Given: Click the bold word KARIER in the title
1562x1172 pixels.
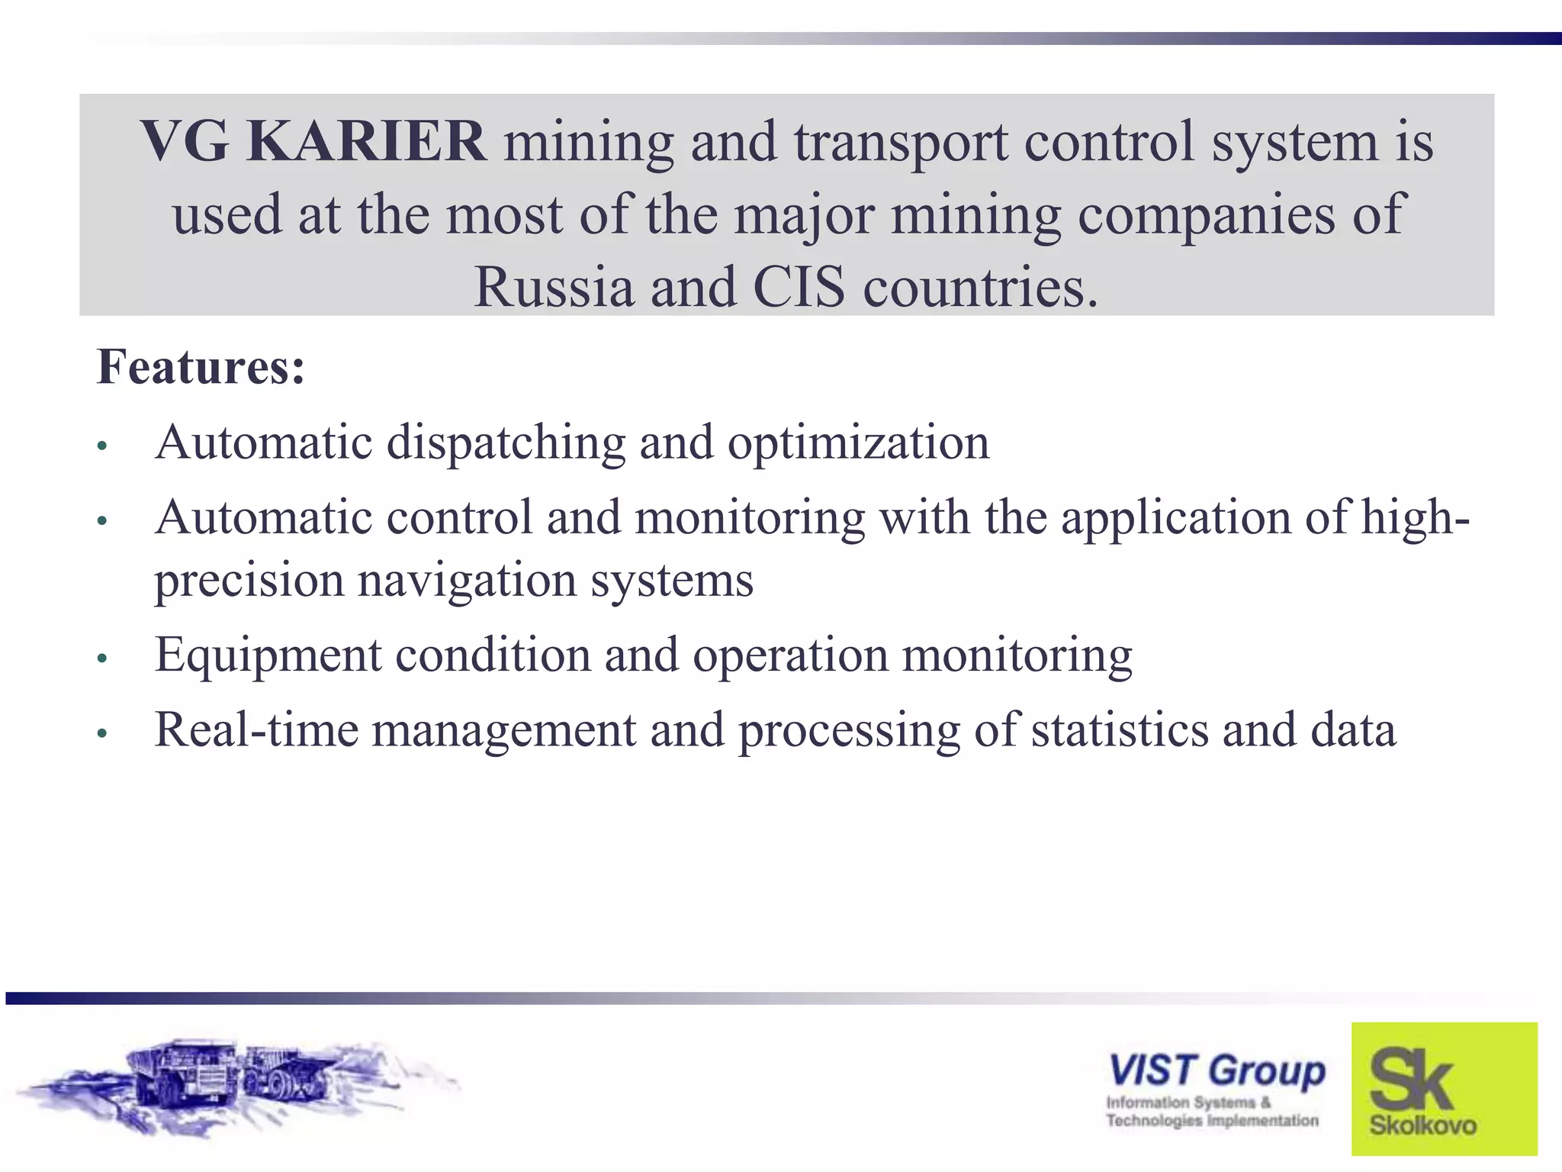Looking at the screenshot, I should (366, 142).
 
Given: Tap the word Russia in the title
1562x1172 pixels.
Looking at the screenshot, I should (554, 288).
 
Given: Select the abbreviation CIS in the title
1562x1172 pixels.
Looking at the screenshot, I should (799, 288).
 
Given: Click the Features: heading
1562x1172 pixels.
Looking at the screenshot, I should (201, 367).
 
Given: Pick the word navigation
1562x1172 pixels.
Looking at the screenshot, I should (467, 580).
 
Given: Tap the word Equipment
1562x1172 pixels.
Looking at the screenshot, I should (268, 655).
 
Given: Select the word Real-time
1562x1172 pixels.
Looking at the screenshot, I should (256, 729).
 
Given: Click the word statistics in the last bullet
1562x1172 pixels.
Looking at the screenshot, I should (1120, 729).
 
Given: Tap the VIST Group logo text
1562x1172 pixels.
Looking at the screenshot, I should (1216, 1071).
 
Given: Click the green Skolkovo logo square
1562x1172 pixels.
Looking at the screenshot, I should (1444, 1088).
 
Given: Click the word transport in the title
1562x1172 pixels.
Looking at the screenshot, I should (900, 142).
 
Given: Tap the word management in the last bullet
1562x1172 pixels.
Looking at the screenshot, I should (504, 729).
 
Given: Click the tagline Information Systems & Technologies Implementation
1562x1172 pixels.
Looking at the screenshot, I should (1212, 1111).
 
